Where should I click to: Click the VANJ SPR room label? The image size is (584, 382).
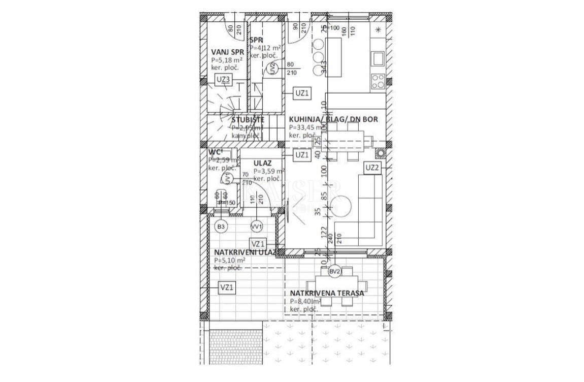click(x=227, y=52)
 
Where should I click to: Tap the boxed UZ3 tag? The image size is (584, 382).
click(x=223, y=79)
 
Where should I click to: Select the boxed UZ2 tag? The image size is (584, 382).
click(x=372, y=168)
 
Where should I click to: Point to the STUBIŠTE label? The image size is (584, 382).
click(x=248, y=120)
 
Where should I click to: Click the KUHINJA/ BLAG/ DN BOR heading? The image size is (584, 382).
click(x=335, y=120)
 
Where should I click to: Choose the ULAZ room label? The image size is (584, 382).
click(x=262, y=163)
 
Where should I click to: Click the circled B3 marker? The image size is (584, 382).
click(x=221, y=227)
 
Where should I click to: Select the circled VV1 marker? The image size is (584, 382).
click(x=256, y=227)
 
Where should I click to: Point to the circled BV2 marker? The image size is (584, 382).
click(x=334, y=272)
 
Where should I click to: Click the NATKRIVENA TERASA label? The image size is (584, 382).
click(x=327, y=293)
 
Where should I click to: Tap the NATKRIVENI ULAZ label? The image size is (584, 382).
click(x=245, y=252)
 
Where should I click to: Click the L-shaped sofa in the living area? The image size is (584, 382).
click(x=369, y=209)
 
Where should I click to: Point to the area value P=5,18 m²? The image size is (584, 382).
click(x=227, y=59)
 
